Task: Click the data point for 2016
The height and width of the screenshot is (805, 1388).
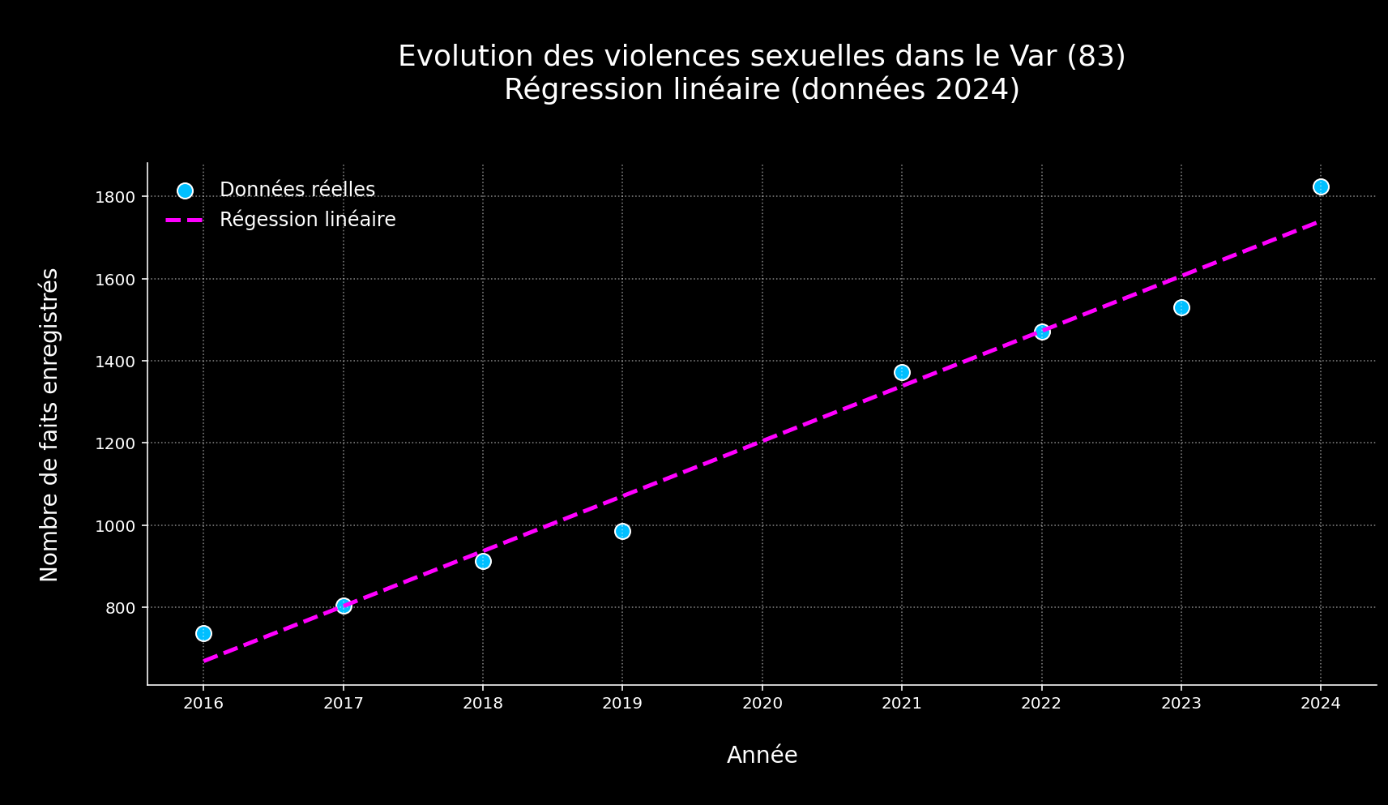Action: (x=203, y=633)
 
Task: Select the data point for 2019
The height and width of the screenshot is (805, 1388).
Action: (x=622, y=531)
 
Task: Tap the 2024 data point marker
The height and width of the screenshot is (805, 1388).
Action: (x=1321, y=186)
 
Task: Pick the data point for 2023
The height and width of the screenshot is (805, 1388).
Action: (x=1181, y=307)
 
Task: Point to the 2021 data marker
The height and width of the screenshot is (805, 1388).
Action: (x=902, y=372)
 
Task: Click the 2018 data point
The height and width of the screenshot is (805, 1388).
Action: (x=483, y=561)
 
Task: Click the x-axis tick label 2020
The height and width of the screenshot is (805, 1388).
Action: (x=762, y=703)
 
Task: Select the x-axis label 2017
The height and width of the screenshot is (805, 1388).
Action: (x=344, y=703)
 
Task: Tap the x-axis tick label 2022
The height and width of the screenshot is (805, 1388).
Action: (x=1041, y=703)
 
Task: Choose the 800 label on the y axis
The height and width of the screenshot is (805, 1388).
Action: (x=122, y=608)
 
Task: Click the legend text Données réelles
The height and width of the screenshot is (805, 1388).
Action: (x=297, y=190)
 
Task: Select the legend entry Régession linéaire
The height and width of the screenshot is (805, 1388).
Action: (x=307, y=220)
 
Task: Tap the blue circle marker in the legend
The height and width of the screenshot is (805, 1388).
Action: (x=185, y=191)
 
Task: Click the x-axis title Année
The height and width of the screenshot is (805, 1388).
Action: (x=762, y=755)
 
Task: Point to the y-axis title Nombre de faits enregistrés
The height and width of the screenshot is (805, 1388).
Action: (x=49, y=424)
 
